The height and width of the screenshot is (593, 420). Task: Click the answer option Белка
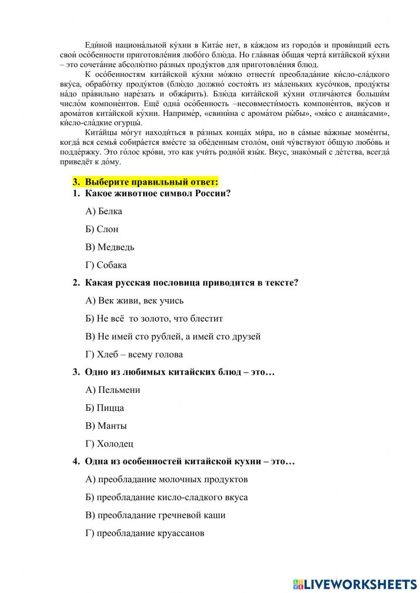pos(104,211)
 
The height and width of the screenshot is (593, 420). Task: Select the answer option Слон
pos(102,229)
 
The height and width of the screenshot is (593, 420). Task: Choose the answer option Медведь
pos(110,247)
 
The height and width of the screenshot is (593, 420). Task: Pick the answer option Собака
pos(106,265)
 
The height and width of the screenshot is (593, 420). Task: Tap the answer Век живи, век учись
pos(134,300)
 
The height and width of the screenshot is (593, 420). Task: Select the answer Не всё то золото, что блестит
pos(154,319)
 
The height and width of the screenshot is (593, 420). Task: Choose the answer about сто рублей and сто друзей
pos(173,336)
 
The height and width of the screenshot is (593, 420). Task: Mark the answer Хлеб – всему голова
pos(134,354)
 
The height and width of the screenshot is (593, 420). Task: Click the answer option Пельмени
pos(113,390)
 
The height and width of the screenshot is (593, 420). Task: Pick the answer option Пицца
pos(105,408)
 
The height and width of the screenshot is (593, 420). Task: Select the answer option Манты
pos(106,426)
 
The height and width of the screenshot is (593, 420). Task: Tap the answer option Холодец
pos(109,444)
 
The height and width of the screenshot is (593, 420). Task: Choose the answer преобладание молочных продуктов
pos(166,479)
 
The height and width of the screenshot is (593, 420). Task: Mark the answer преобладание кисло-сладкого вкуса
pos(166,497)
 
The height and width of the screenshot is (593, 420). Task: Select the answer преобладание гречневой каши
pos(155,515)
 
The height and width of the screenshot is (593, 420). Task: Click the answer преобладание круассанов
pos(145,533)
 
